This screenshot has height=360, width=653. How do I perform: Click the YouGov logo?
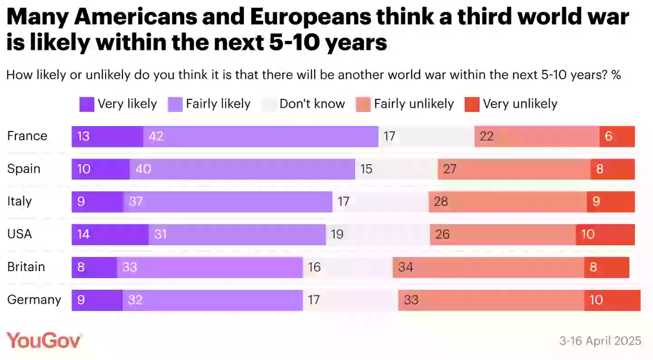click(x=44, y=340)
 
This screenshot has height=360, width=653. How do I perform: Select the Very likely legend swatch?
click(x=87, y=104)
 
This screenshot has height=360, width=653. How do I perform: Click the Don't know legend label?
click(x=312, y=104)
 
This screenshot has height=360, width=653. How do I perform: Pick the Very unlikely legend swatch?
click(x=472, y=104)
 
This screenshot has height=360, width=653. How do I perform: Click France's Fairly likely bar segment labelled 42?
click(x=261, y=136)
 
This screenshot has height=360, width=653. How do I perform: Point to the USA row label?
click(x=19, y=234)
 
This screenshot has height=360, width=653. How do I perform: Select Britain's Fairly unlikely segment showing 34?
click(x=488, y=268)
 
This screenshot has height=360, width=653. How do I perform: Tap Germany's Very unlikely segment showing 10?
click(x=612, y=300)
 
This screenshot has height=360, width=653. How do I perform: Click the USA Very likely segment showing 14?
click(x=110, y=234)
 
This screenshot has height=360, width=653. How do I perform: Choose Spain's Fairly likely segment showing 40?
click(x=242, y=169)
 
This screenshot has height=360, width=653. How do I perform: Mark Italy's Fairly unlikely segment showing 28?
click(x=507, y=202)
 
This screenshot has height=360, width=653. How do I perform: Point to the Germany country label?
click(x=34, y=300)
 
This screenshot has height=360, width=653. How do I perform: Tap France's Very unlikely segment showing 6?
click(x=617, y=136)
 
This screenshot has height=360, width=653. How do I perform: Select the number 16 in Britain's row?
click(x=314, y=268)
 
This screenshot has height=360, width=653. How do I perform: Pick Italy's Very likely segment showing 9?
click(x=97, y=202)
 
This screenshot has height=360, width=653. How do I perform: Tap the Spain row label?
click(x=24, y=169)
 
